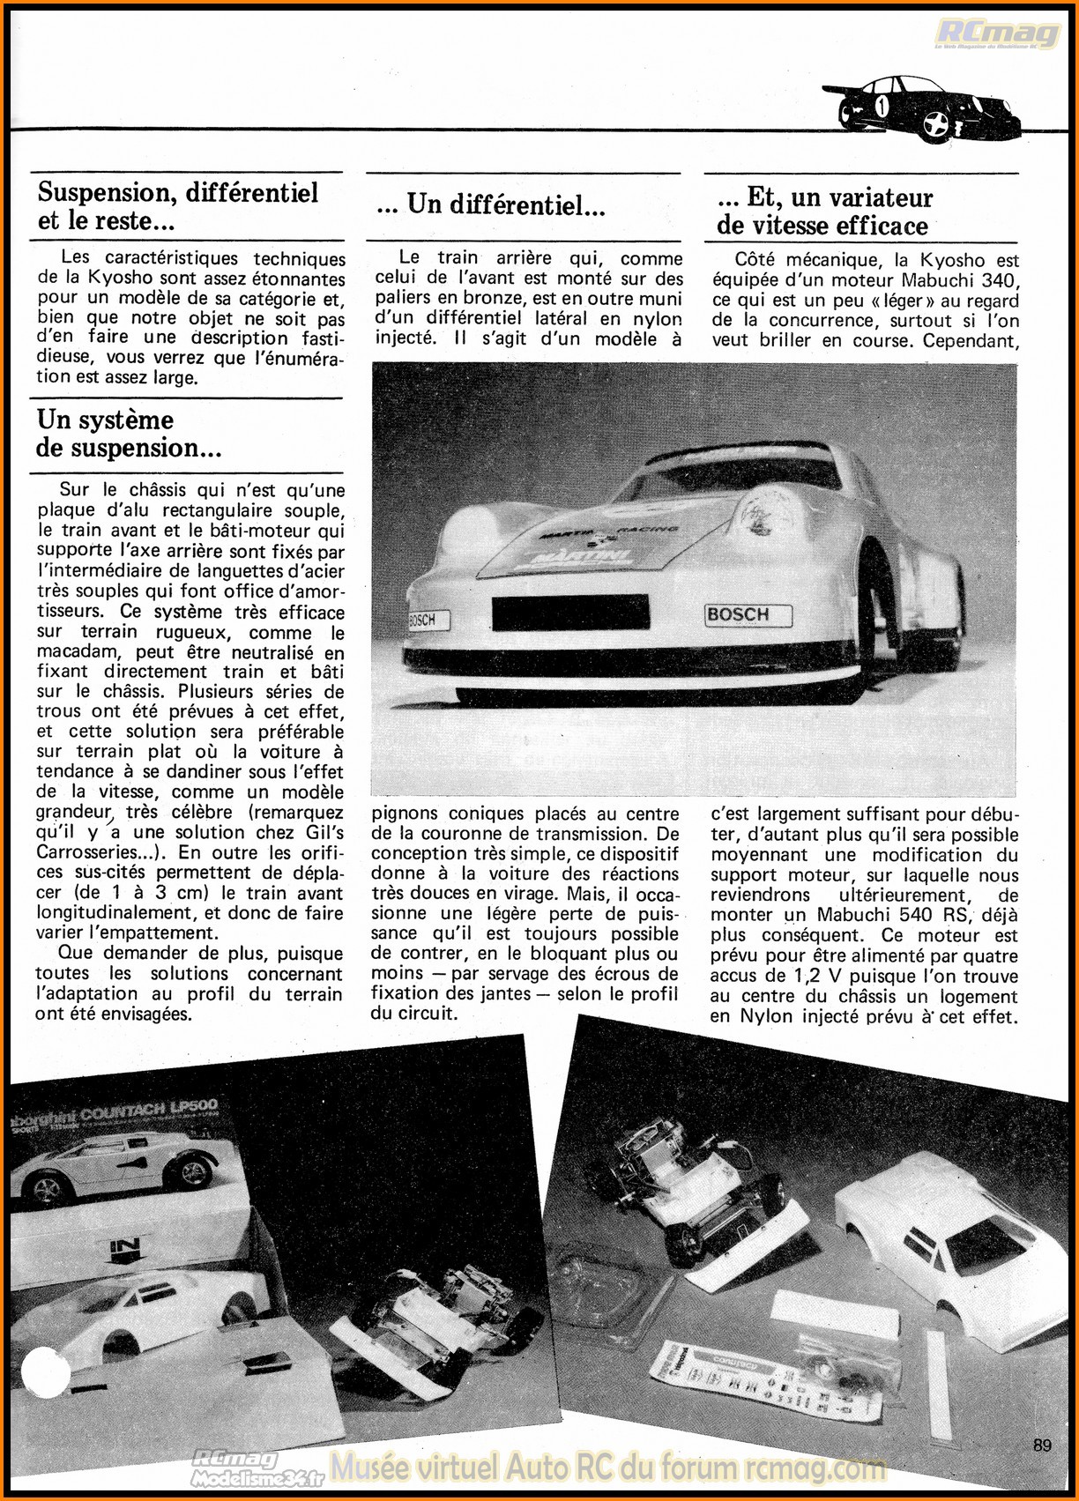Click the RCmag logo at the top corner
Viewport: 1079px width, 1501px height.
point(997,34)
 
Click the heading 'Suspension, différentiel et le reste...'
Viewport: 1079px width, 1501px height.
point(177,206)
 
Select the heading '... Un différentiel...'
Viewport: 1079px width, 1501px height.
point(490,205)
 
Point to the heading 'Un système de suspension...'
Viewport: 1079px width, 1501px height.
point(129,434)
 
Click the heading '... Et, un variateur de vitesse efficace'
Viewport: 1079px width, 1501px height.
point(824,212)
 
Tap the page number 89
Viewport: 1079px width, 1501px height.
point(1042,1445)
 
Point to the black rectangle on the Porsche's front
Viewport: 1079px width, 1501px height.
point(570,613)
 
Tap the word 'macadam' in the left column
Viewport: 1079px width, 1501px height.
point(77,652)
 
